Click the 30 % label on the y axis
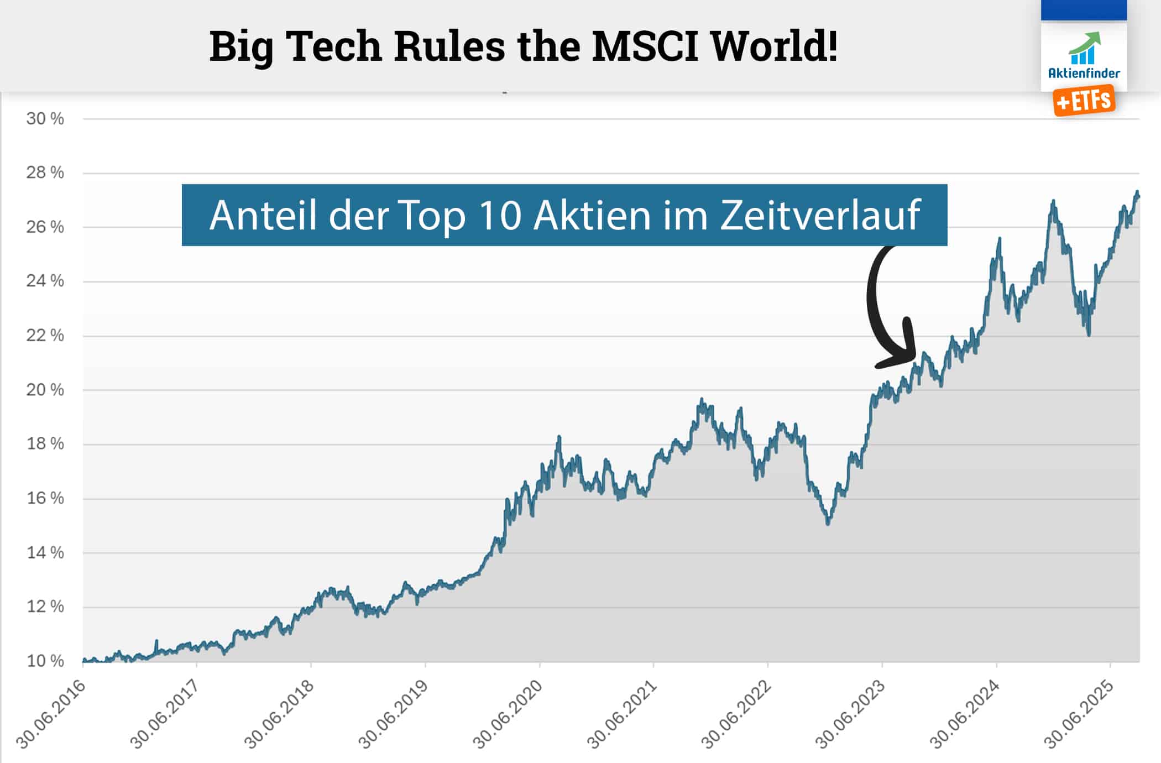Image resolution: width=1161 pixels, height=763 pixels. point(45,119)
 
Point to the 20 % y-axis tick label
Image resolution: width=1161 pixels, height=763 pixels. point(45,390)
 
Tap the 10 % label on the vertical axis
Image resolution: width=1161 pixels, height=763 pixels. point(45,661)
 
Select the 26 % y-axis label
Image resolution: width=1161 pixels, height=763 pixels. point(45,227)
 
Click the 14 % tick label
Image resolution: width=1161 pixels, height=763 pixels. point(45,552)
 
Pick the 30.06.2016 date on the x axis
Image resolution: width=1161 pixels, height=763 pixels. point(51,714)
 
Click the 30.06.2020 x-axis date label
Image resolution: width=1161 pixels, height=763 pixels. point(508,714)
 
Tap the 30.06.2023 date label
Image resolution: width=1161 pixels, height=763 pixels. point(851,714)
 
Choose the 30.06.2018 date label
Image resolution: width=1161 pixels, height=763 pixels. point(280,714)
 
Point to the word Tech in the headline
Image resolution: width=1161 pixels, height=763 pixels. point(335,46)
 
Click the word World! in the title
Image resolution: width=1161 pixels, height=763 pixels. point(774,46)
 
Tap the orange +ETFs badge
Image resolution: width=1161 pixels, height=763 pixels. point(1084,101)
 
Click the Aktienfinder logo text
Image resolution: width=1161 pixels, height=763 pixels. point(1084,73)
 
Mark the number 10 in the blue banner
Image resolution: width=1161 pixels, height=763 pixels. point(500,215)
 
